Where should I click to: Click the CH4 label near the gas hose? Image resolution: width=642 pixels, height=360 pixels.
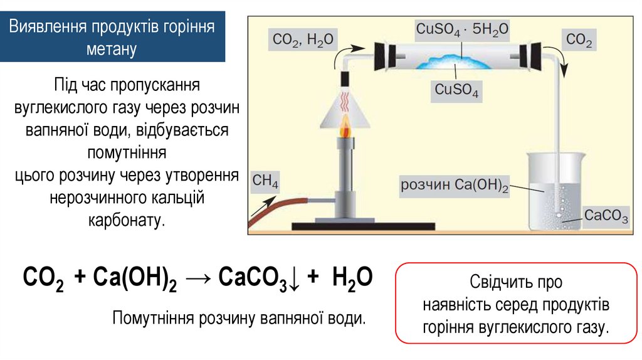(x=265, y=183)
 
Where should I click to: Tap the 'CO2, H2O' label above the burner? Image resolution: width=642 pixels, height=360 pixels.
(x=303, y=40)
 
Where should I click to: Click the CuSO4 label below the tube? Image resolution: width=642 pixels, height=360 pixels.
(x=457, y=92)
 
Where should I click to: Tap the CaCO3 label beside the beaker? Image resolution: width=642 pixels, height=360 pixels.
(x=606, y=216)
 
